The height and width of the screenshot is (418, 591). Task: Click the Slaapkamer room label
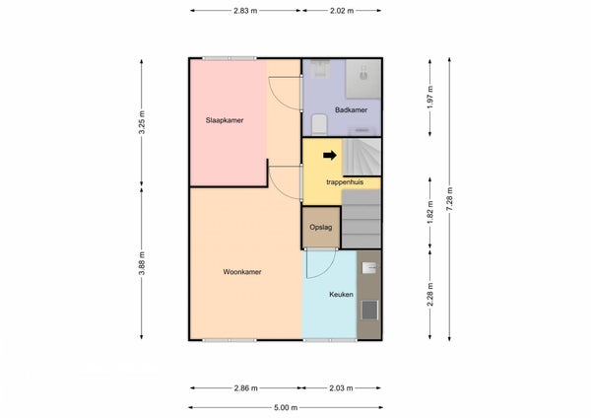[x=225, y=120]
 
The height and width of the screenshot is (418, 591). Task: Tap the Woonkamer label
[x=242, y=272]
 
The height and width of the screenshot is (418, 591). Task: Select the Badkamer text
[x=351, y=109]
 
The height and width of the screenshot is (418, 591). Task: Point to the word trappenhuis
[x=345, y=182]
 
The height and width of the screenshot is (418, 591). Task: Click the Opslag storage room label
[x=321, y=227]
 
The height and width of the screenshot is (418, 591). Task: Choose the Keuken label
[x=341, y=294]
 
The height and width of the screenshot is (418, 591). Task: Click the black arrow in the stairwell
[x=330, y=155]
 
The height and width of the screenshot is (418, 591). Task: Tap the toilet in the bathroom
[x=319, y=124]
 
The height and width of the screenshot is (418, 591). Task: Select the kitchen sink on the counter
[x=369, y=268]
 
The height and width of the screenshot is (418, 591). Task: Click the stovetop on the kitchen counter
[x=369, y=310]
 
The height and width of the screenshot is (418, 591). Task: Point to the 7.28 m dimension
[x=449, y=199]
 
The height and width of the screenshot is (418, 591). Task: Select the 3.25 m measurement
[x=141, y=122]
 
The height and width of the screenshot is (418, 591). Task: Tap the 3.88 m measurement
[x=141, y=263]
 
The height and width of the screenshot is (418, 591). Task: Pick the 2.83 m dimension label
[x=245, y=11]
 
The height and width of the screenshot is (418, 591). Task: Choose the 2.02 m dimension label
[x=342, y=11]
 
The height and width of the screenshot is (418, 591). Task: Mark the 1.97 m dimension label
[x=430, y=97]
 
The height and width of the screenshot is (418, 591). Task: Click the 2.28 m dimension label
[x=430, y=295]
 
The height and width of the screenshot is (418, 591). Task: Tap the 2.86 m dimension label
[x=245, y=387]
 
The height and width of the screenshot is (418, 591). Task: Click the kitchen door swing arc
[x=327, y=270]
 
